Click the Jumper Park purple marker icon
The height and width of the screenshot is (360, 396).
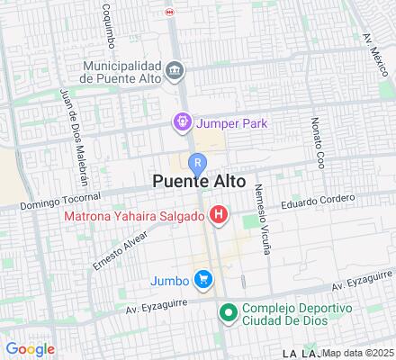(x=183, y=121)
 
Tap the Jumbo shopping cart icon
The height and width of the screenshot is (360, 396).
(x=205, y=280)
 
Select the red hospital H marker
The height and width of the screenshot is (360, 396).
(x=219, y=214)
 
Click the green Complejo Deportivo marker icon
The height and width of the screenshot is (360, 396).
(x=229, y=313)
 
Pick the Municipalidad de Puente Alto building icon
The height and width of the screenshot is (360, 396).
(x=174, y=69)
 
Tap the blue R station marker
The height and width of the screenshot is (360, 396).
(x=198, y=162)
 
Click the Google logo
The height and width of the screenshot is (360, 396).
(x=30, y=349)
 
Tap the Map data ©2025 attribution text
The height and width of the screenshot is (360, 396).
(x=358, y=353)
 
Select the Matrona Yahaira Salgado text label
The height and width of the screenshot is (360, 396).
(x=133, y=215)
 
